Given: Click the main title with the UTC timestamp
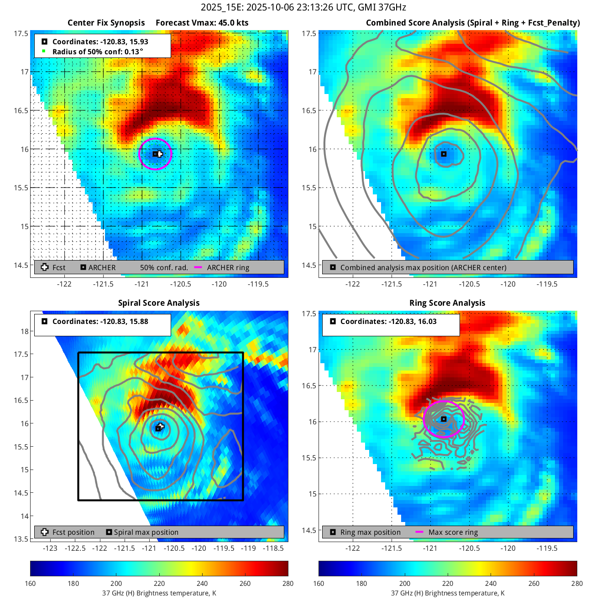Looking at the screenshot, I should point(303,7).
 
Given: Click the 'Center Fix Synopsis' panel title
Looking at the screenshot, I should point(106,23).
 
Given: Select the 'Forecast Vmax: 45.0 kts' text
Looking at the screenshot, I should point(202,23).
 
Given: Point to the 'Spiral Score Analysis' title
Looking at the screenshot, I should point(158,303).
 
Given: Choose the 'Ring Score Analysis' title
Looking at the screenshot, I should point(447,303).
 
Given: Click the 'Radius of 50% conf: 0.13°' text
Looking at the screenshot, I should point(97,52).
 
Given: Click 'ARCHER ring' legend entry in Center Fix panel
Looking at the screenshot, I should point(228,267).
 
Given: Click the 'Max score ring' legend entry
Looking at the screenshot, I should point(453,532).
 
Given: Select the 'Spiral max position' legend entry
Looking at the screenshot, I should point(146,532).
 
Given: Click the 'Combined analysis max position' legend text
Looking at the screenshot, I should point(423,267).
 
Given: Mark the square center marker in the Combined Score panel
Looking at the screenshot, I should point(444,154).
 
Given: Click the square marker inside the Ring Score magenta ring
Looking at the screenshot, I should point(444,419).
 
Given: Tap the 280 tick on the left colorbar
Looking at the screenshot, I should point(288,583).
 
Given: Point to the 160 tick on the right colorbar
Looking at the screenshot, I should point(319,583).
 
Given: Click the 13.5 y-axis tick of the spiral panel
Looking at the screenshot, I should point(21,539).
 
